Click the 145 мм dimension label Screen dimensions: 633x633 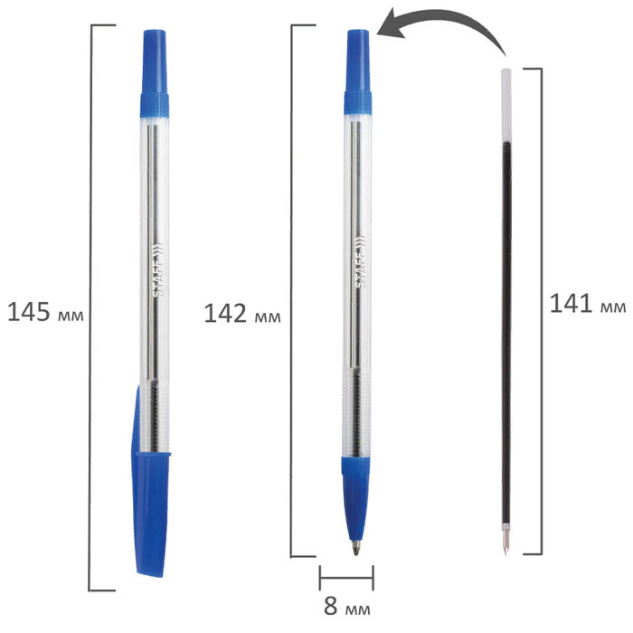(45, 312)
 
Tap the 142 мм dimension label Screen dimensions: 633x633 (242, 314)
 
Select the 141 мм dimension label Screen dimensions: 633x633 (588, 304)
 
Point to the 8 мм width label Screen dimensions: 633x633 (347, 606)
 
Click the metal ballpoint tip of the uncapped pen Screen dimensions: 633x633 (355, 548)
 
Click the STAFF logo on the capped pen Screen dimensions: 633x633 (158, 269)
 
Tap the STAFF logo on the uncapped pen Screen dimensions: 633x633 (360, 261)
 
